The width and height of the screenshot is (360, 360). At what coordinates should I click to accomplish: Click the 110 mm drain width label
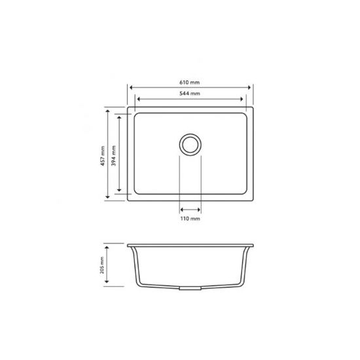click(x=190, y=218)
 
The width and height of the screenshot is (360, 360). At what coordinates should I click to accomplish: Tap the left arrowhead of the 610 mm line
click(x=131, y=87)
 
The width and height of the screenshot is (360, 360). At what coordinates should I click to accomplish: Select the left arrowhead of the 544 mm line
click(x=138, y=99)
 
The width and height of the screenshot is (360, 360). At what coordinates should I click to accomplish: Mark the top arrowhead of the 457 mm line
click(x=109, y=111)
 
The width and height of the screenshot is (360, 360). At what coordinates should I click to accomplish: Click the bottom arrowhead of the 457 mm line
click(x=109, y=198)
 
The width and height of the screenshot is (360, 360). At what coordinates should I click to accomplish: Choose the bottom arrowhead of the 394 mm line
click(x=119, y=190)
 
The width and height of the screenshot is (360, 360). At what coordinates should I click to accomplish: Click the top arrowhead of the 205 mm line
click(x=109, y=247)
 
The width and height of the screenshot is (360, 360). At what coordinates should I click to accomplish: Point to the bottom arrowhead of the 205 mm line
click(x=109, y=285)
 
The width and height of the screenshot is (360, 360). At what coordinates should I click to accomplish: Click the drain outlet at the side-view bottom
click(x=190, y=289)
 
